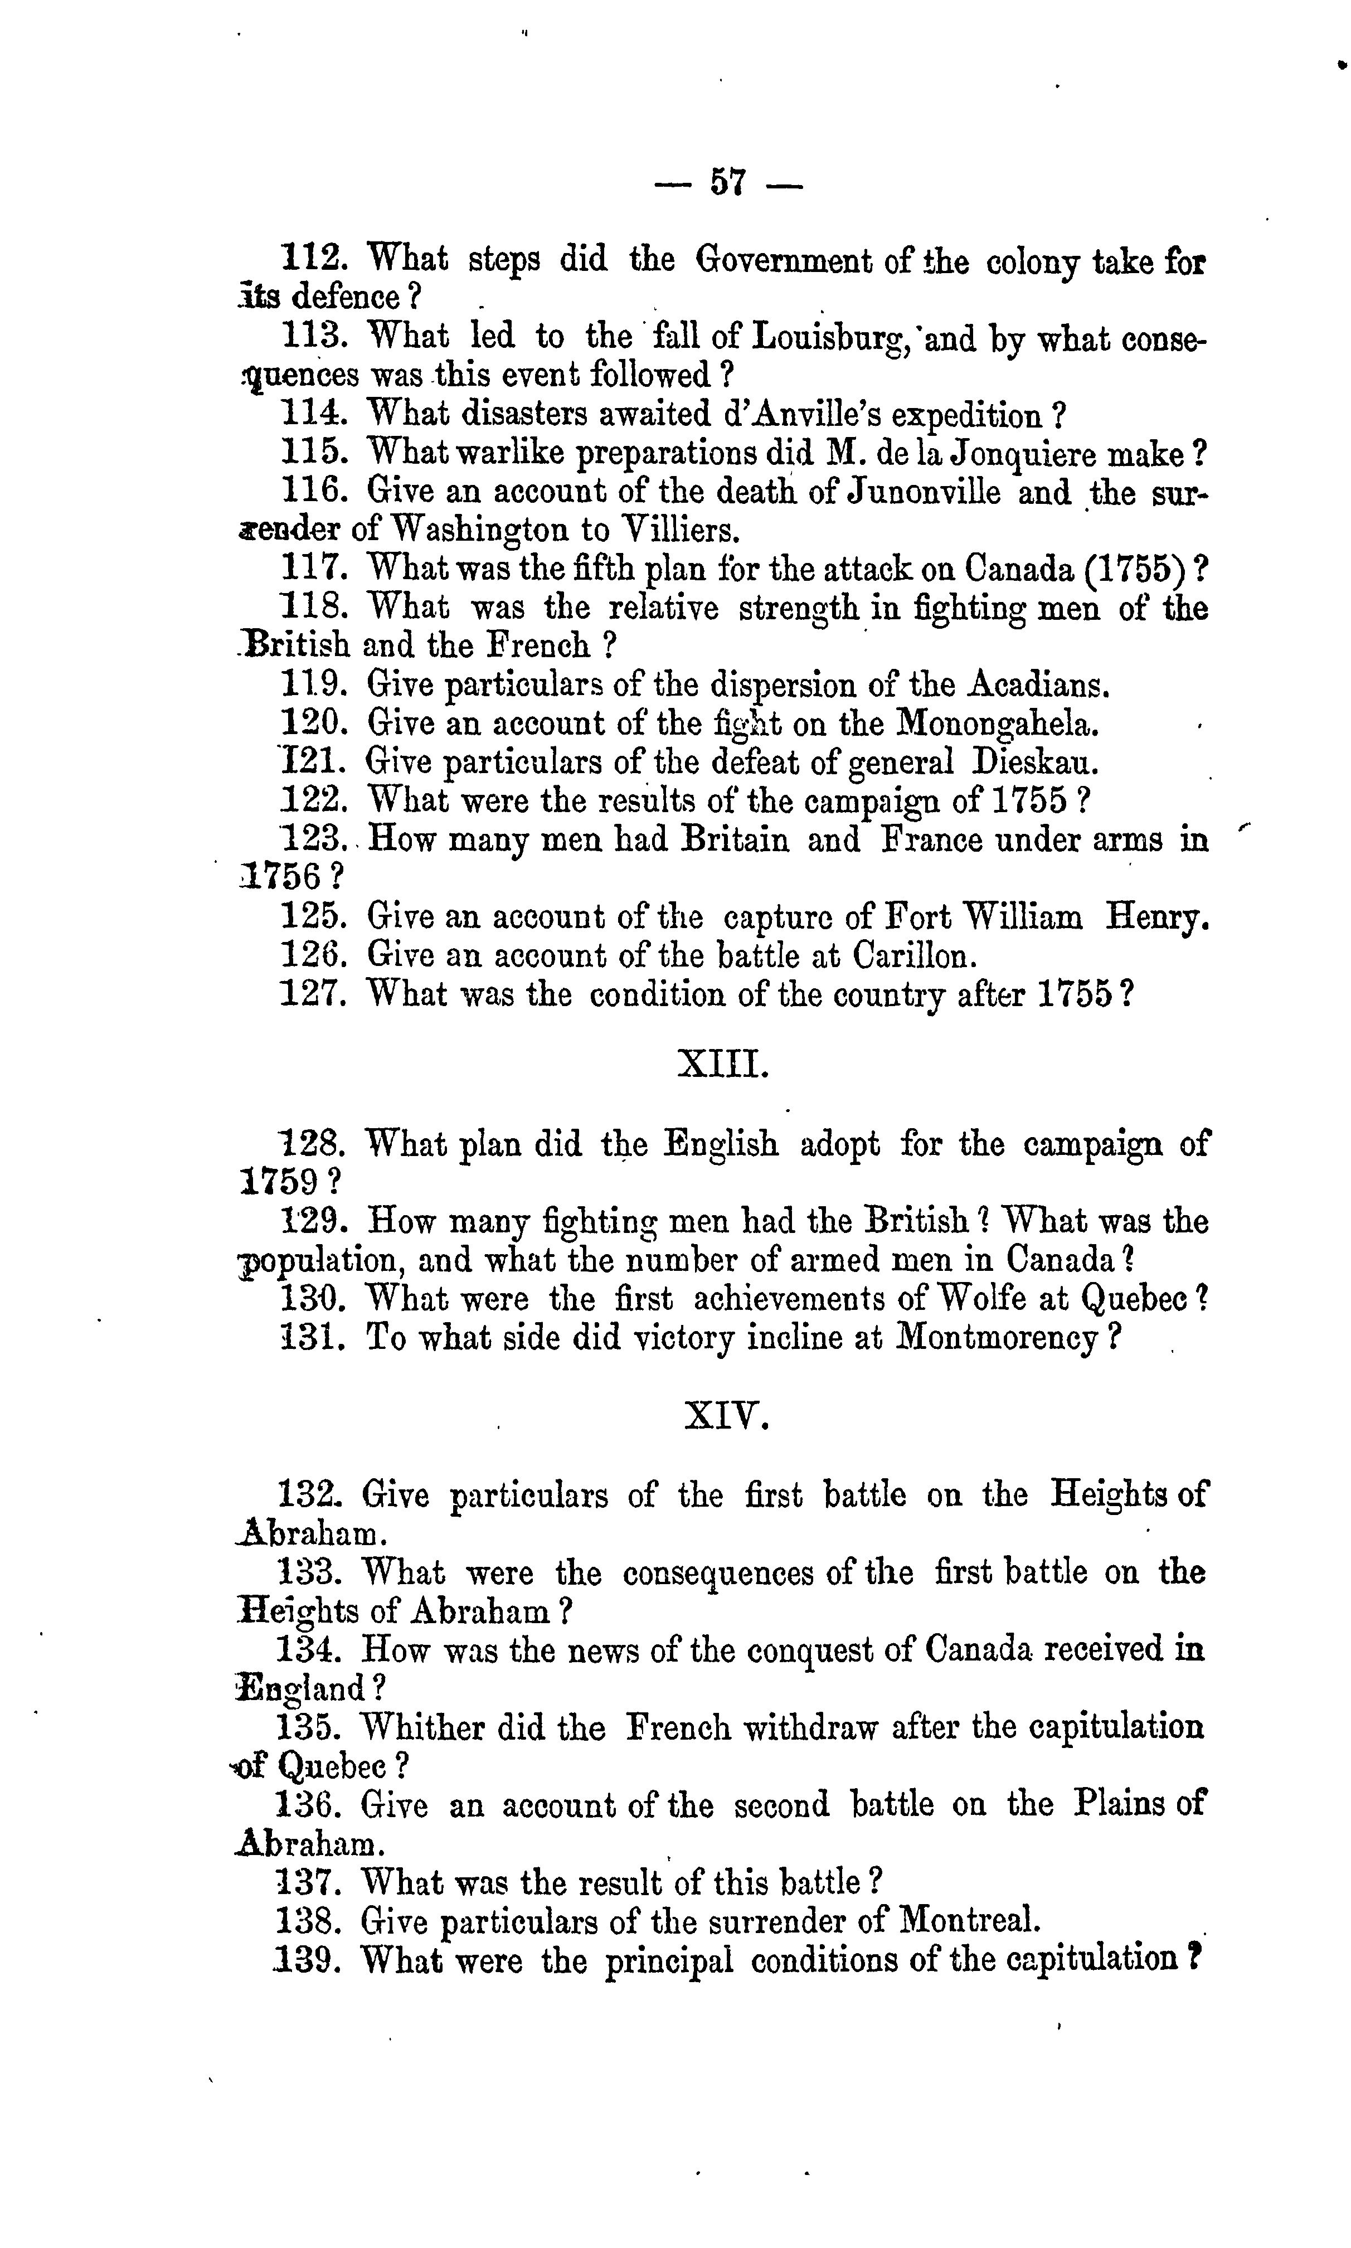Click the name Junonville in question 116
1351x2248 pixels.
924,493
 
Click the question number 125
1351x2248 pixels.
312,916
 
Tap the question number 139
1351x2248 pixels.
307,1959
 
